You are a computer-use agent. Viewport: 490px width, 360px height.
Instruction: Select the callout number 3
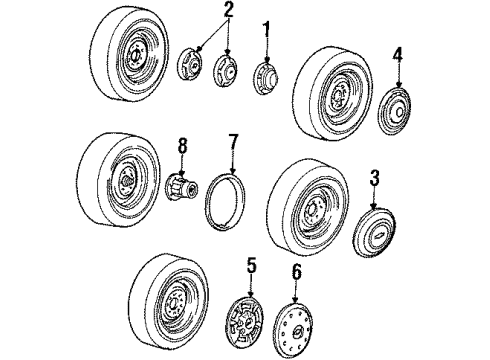tap(375, 178)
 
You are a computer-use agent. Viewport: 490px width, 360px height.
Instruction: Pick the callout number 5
tap(252, 266)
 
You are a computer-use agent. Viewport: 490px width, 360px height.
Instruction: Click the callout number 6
tap(296, 272)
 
